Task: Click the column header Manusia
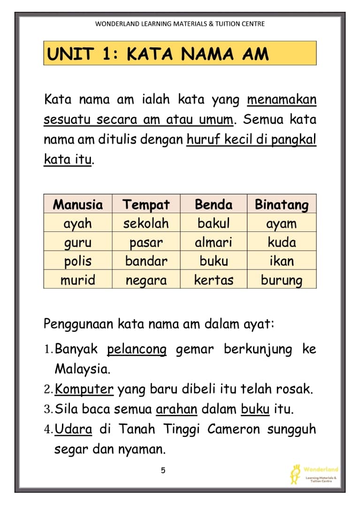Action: pos(78,204)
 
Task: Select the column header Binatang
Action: pos(282,204)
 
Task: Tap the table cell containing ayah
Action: pos(78,223)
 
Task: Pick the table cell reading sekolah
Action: pos(146,223)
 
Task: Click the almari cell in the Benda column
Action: pos(214,242)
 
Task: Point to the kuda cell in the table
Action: pos(282,242)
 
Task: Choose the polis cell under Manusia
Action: pos(78,261)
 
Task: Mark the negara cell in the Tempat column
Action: pos(146,280)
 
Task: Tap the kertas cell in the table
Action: pos(214,280)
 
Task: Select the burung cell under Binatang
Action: pos(282,280)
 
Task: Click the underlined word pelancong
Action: pos(137,350)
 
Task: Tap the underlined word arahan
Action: pos(176,409)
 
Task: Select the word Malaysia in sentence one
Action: pos(82,369)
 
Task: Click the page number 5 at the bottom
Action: pos(163,470)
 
